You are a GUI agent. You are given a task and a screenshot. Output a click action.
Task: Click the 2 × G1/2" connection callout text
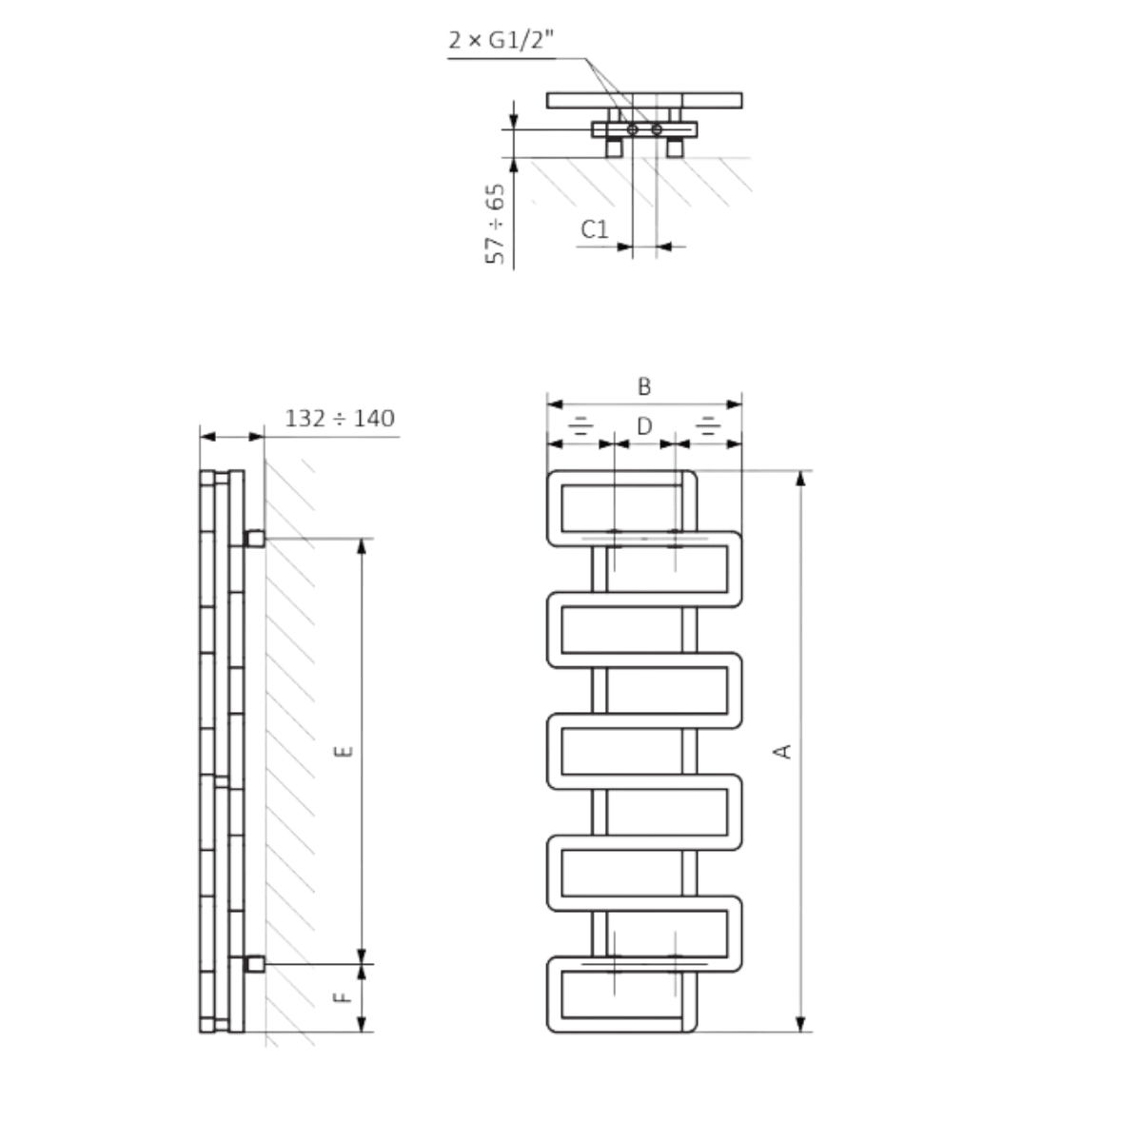[x=502, y=40]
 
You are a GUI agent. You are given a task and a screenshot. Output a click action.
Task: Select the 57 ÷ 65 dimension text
[x=496, y=224]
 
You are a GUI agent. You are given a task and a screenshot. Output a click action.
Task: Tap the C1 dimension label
[x=595, y=228]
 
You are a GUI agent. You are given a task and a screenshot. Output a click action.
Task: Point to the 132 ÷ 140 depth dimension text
[x=340, y=419]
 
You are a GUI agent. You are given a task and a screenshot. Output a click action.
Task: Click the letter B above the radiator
[x=644, y=386]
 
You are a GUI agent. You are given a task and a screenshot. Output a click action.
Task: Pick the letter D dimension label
[x=644, y=425]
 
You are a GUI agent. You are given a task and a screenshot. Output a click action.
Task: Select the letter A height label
[x=782, y=752]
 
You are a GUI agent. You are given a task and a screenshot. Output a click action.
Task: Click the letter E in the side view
[x=344, y=752]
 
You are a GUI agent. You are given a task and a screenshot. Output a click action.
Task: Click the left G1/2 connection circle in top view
[x=632, y=129]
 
